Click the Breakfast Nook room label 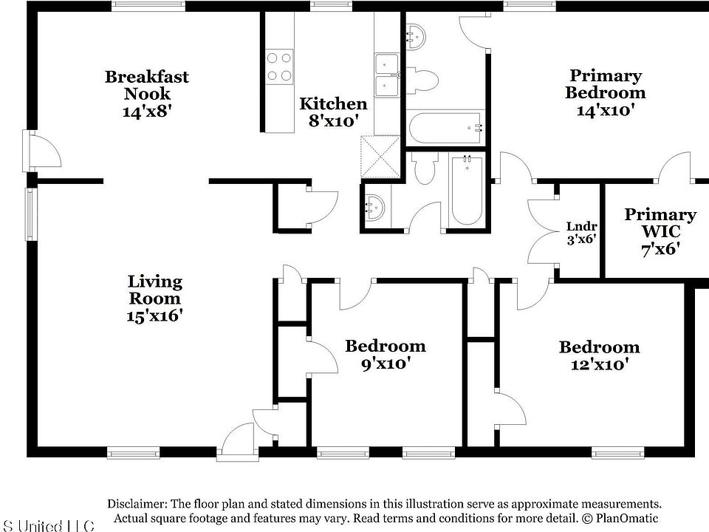coord(146,93)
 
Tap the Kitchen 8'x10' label coord(332,112)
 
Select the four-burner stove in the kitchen coord(278,65)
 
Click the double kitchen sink coord(387,75)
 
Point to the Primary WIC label coord(660,231)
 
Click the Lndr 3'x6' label coord(581,233)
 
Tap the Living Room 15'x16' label coord(154,299)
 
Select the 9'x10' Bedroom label coord(385,354)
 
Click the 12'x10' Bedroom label coord(598,355)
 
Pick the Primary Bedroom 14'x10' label coord(605,92)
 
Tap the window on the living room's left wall coord(31,214)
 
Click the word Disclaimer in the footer coord(137,503)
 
